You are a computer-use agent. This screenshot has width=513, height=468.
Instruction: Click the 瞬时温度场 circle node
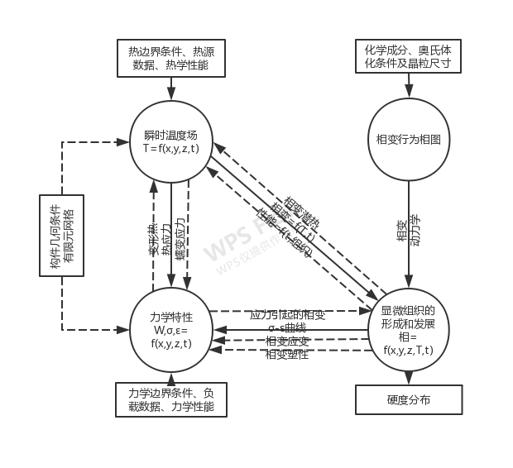tap(171, 141)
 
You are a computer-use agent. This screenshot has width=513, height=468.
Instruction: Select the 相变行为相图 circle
tap(408, 140)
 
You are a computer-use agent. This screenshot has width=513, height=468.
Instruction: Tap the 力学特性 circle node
tap(171, 329)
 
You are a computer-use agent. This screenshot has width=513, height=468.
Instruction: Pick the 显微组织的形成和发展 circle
tap(408, 328)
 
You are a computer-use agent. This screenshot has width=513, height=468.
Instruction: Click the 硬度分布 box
tap(408, 401)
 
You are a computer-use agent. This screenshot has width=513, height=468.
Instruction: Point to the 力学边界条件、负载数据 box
tap(171, 399)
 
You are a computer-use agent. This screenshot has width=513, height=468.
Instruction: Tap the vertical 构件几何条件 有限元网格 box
tap(62, 236)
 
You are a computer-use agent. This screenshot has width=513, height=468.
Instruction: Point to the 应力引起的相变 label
tap(287, 315)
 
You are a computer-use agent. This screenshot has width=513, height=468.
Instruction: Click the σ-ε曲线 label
tap(287, 328)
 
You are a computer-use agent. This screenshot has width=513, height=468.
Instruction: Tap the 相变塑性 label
tap(287, 355)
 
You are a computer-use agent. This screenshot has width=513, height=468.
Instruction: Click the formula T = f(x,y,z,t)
tap(171, 148)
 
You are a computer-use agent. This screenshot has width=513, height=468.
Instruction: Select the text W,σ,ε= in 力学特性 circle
tap(171, 331)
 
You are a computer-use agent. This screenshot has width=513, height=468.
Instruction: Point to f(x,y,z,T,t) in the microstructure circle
tap(408, 350)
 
